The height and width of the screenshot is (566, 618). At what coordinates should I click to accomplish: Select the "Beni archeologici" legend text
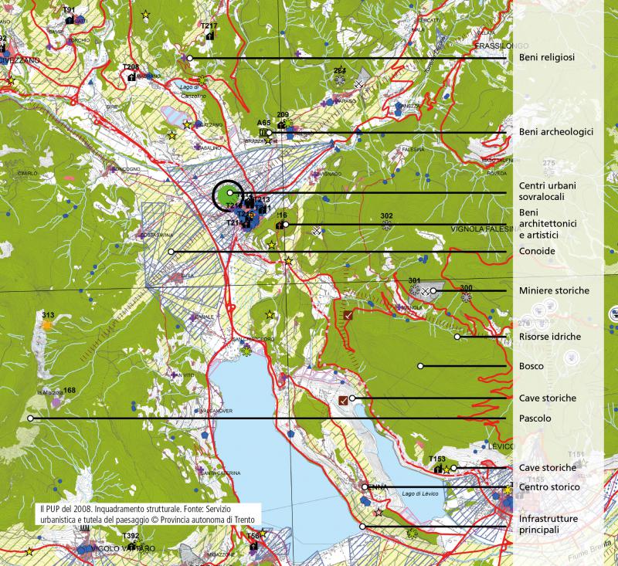[x=556, y=132]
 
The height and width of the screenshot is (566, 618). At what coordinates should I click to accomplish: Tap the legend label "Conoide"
[x=538, y=252]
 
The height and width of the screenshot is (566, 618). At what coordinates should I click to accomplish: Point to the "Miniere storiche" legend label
[x=554, y=290]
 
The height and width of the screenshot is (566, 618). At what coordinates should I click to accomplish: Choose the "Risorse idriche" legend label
[x=550, y=337]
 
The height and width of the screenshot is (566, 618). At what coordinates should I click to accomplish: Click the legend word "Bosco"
[x=531, y=366]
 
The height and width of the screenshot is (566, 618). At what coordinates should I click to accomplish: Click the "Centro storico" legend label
[x=549, y=487]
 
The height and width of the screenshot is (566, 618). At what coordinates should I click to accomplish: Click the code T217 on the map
[x=208, y=26]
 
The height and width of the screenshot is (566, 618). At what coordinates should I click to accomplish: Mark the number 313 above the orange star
[x=48, y=315]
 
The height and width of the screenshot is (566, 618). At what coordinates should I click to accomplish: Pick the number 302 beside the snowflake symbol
[x=387, y=215]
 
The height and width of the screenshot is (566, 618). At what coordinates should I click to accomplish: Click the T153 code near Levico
[x=437, y=459]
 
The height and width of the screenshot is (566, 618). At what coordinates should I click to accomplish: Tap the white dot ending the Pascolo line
[x=30, y=419]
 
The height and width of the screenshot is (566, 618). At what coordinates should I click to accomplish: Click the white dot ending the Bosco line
[x=420, y=366]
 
